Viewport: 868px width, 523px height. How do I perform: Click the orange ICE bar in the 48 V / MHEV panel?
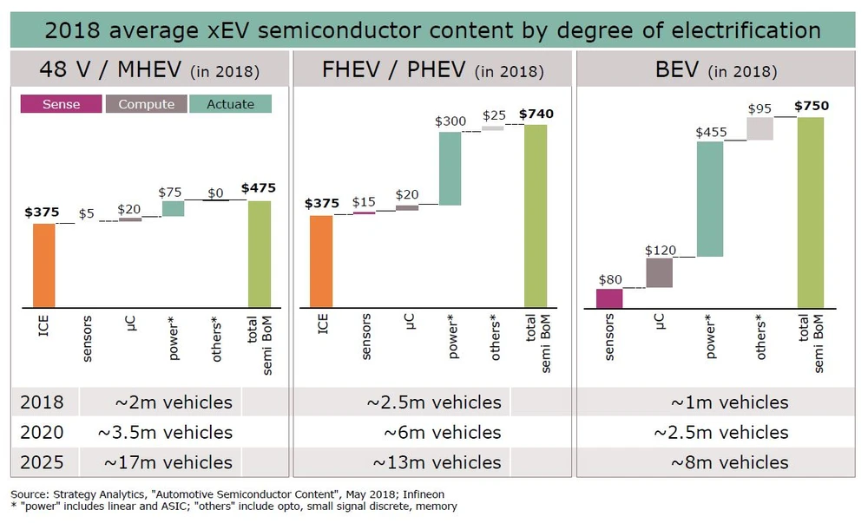[43, 265]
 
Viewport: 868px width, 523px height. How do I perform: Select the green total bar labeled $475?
[260, 253]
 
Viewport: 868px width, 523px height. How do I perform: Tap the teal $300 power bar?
[450, 168]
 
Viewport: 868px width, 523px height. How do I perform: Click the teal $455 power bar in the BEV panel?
[709, 199]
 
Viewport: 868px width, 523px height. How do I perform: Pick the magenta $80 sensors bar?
[609, 297]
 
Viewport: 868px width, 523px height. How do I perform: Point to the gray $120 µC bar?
[659, 272]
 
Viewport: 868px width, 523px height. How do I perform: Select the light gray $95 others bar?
[759, 128]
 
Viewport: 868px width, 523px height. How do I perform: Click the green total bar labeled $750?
[810, 212]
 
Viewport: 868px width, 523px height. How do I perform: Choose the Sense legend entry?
[61, 104]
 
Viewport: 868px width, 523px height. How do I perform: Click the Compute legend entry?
[146, 104]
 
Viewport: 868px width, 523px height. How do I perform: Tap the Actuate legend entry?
[231, 104]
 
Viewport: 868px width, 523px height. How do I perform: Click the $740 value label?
[536, 114]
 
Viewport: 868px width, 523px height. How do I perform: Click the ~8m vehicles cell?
[729, 462]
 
